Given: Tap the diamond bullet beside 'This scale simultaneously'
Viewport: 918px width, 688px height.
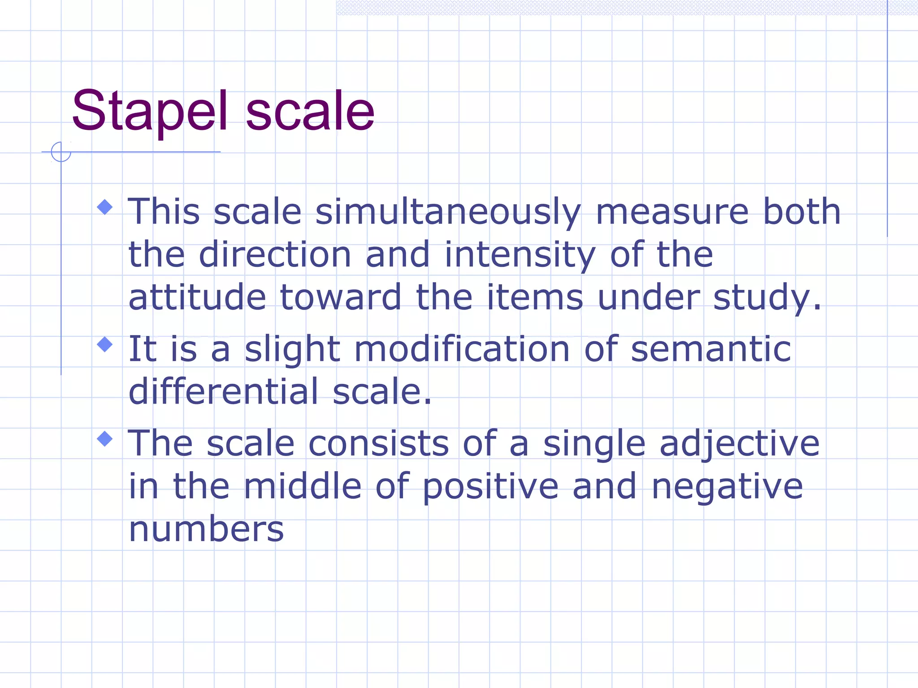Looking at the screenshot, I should [105, 207].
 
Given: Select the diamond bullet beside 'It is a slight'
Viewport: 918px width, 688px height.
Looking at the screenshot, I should [105, 344].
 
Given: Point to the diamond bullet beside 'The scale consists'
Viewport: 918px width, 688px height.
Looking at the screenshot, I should [105, 439].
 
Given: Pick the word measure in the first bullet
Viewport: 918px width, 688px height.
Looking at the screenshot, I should [672, 212].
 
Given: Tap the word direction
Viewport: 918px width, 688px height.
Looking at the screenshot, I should [275, 255].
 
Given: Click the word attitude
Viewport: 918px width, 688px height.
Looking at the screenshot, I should [197, 297].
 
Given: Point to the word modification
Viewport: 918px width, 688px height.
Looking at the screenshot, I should [462, 349].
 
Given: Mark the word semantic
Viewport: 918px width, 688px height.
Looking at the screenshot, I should [711, 349].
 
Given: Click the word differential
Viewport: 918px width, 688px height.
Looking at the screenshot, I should [223, 391].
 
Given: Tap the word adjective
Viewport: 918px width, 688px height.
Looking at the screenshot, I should [740, 443].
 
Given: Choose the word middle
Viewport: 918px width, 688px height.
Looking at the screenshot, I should [303, 486].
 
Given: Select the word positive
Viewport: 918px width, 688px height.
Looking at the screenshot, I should [490, 486].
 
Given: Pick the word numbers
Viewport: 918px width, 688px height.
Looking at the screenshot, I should [206, 529].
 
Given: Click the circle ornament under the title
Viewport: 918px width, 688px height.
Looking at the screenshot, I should [61, 152].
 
